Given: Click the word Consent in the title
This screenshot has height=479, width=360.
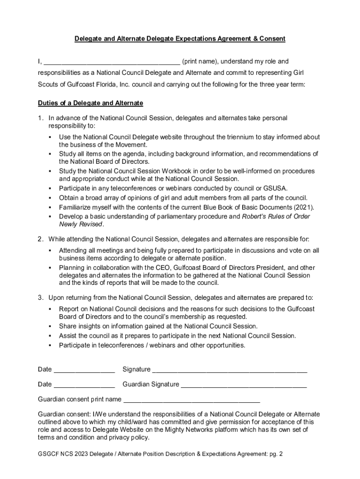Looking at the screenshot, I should click(272, 39).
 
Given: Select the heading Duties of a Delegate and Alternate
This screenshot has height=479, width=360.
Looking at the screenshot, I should click(90, 103).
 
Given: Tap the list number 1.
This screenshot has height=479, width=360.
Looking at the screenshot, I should click(41, 118).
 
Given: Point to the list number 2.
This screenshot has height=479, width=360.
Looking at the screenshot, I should click(41, 239).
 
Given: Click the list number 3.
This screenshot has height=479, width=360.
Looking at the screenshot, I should click(41, 298).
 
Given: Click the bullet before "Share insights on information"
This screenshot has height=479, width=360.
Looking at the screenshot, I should click(50, 327).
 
